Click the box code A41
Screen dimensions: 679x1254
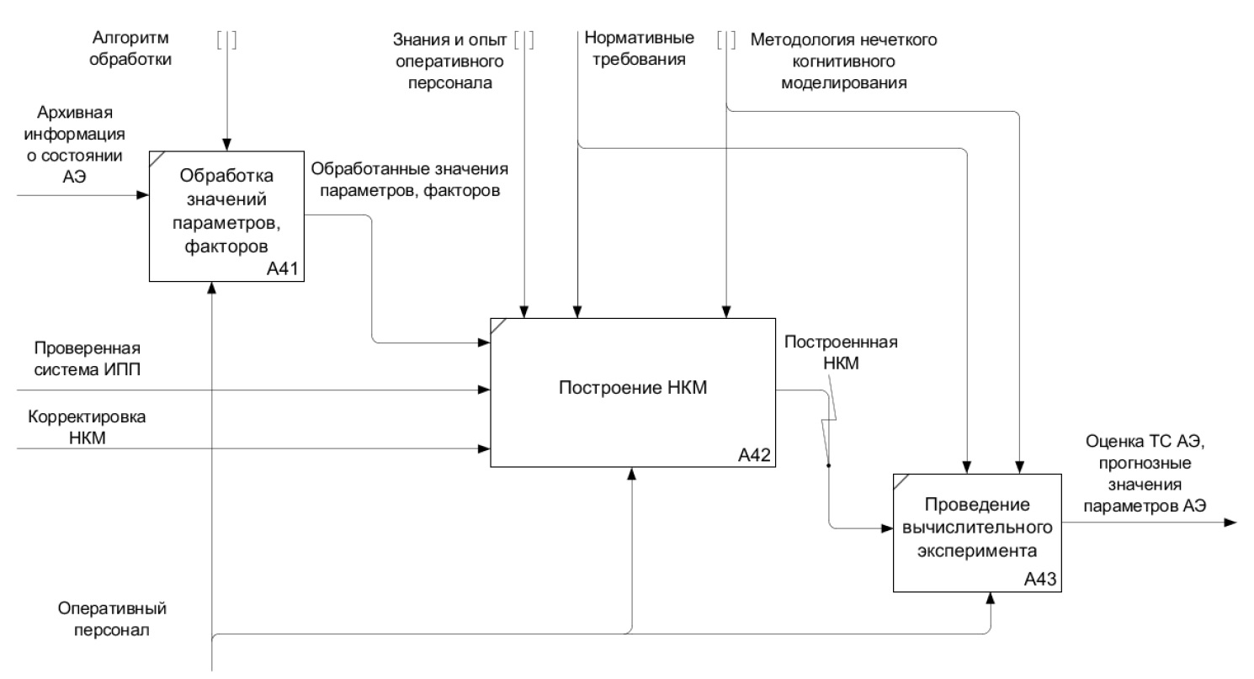click(284, 270)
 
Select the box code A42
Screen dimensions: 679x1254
click(755, 455)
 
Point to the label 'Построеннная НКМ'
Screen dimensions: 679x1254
click(829, 350)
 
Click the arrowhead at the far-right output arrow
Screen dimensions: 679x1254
click(1230, 523)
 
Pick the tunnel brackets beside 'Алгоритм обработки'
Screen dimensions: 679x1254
click(226, 40)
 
